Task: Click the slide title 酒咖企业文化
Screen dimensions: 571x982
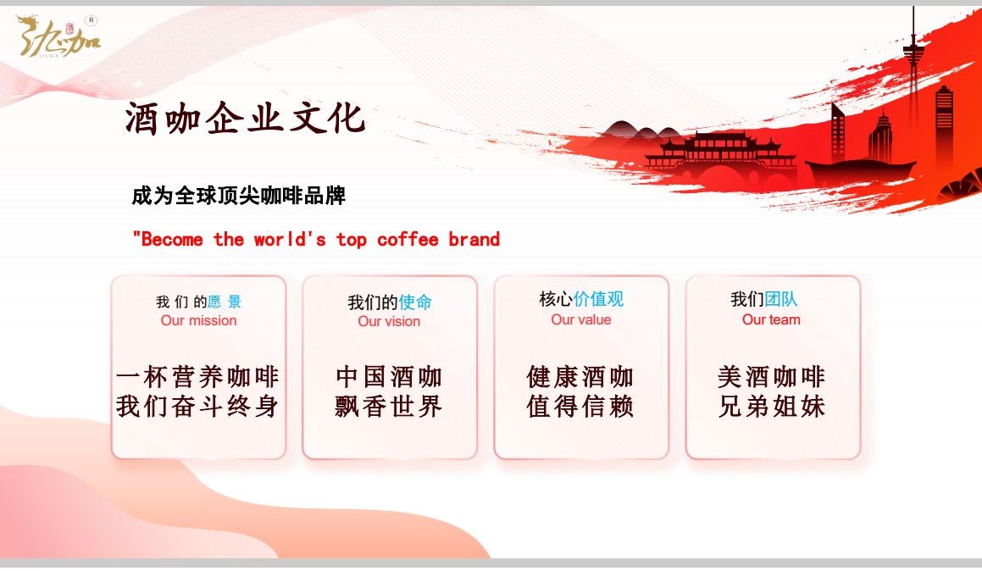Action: (x=245, y=119)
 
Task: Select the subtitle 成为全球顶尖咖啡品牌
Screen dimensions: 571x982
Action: (x=238, y=197)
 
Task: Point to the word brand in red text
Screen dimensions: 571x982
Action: (x=474, y=240)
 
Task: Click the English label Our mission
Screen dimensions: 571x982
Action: (x=198, y=320)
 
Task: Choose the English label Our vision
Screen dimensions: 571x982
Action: (x=389, y=321)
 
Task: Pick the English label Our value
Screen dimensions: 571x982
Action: (x=580, y=319)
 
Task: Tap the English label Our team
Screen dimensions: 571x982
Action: (x=771, y=319)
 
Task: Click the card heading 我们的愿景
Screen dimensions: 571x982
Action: (x=198, y=302)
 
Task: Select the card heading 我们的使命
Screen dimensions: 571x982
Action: (x=390, y=302)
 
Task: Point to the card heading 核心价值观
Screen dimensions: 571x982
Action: (x=581, y=299)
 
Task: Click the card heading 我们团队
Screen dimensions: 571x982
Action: (x=764, y=299)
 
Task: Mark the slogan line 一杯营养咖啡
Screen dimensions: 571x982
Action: (x=197, y=376)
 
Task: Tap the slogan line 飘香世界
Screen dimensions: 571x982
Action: (x=389, y=407)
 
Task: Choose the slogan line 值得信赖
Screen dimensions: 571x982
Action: (x=580, y=407)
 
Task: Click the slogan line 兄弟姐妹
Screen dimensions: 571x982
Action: (x=771, y=407)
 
